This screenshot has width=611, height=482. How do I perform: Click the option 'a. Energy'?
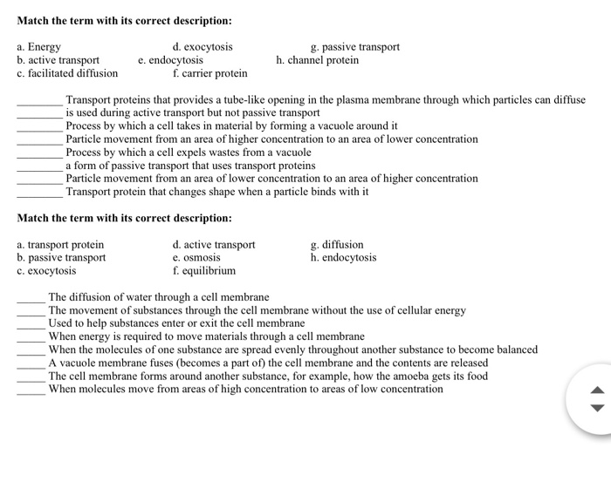[x=39, y=47]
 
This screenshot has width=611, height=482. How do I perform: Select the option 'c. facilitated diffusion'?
[x=67, y=73]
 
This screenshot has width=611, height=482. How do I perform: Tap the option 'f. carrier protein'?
[x=209, y=73]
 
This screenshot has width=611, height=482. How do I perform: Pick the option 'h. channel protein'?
[x=317, y=60]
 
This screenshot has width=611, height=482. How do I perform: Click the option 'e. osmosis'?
[x=196, y=258]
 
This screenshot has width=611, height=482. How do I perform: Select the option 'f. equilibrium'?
[x=204, y=271]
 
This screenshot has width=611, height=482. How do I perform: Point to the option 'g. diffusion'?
[x=337, y=245]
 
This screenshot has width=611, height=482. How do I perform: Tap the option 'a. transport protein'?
[x=60, y=245]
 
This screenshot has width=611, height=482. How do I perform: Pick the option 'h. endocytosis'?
[x=343, y=258]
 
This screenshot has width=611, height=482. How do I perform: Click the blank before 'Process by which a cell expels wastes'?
[x=39, y=153]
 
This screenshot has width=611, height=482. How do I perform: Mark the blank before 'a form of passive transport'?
[x=39, y=166]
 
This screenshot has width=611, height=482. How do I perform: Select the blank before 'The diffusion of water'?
[x=31, y=297]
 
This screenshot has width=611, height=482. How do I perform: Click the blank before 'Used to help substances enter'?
[x=31, y=323]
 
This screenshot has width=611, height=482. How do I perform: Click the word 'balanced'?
[x=514, y=350]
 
